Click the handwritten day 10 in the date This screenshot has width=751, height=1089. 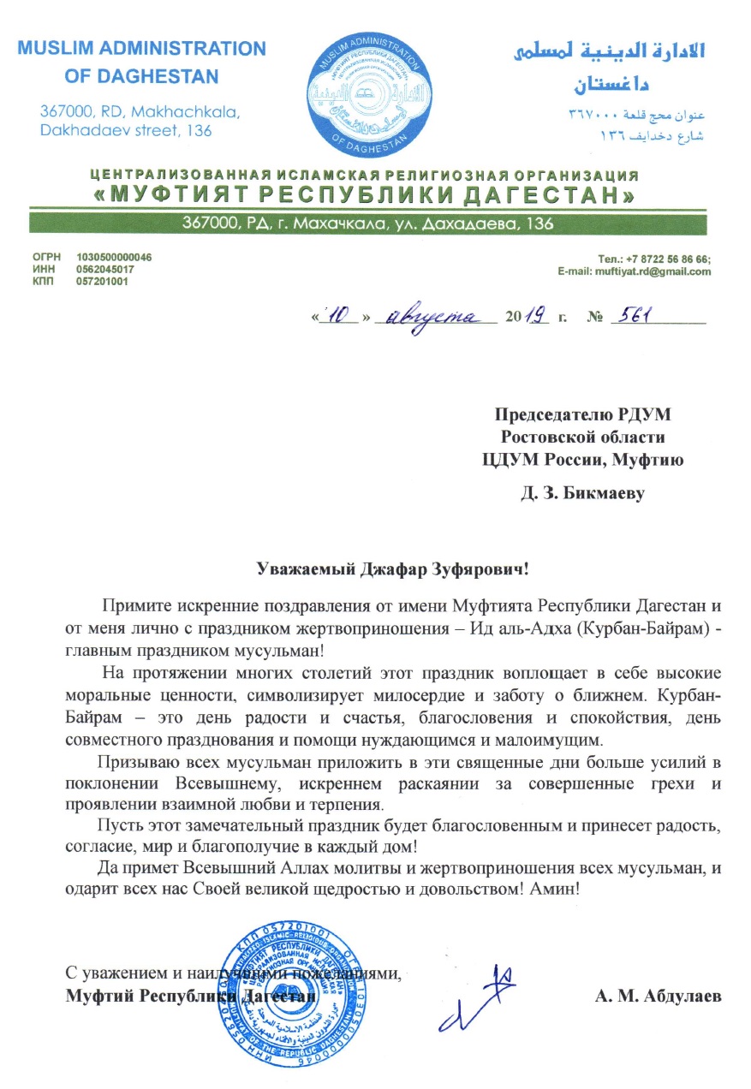(x=340, y=316)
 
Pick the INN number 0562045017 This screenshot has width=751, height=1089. (x=104, y=269)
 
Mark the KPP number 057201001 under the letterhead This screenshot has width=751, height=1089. (x=102, y=281)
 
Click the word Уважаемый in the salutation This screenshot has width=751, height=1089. (x=301, y=567)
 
